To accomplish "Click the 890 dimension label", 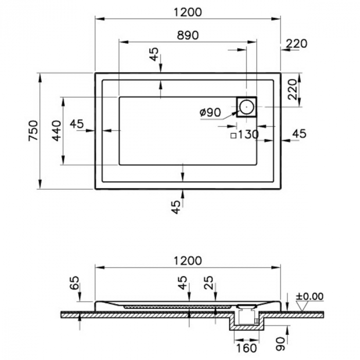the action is (x=188, y=35).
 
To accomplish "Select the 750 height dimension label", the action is (x=33, y=131).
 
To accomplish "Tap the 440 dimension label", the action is (x=57, y=131).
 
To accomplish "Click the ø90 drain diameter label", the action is (x=210, y=112).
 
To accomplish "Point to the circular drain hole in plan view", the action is (x=246, y=107).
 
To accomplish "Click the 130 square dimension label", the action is (x=248, y=135).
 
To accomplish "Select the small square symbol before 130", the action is (x=233, y=136).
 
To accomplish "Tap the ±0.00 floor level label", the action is (x=310, y=296).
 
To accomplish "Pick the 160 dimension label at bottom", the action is (x=246, y=348).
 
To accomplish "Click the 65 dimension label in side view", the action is (x=75, y=283).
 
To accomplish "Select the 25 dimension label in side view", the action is (x=209, y=283).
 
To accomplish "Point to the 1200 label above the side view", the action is (x=188, y=261).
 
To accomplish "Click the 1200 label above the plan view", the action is (x=188, y=12).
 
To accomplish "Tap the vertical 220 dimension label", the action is (x=292, y=89).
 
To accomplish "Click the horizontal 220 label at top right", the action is (x=296, y=44).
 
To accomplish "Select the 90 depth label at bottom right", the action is (x=280, y=344).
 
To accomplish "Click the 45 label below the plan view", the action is (x=176, y=207).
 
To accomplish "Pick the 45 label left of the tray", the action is (x=77, y=124).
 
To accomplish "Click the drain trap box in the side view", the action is (x=246, y=316).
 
